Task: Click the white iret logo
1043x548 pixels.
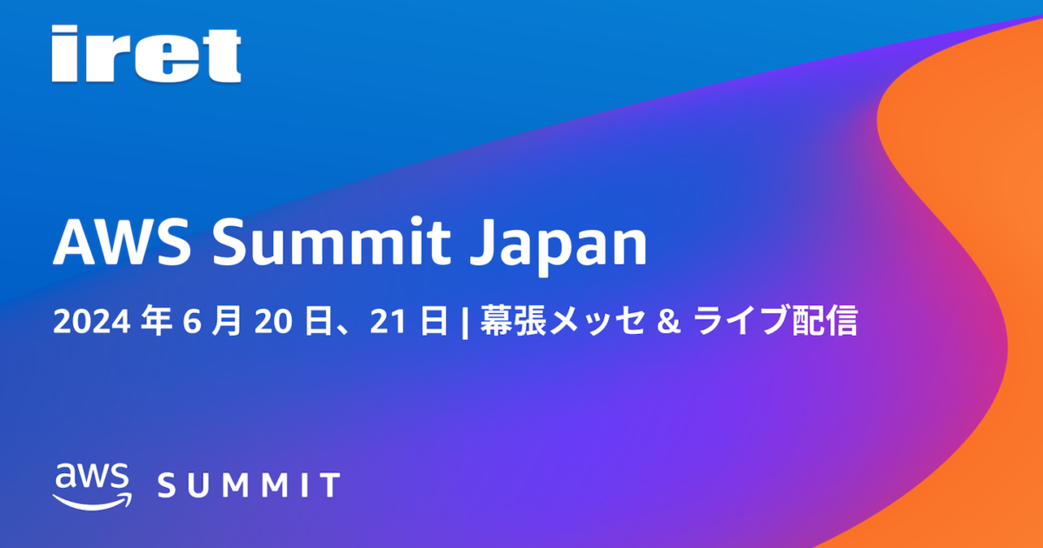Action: click(146, 55)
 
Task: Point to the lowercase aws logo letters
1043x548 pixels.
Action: click(92, 477)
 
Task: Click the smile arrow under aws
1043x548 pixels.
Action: click(91, 501)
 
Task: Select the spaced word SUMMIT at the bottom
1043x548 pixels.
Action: click(249, 485)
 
